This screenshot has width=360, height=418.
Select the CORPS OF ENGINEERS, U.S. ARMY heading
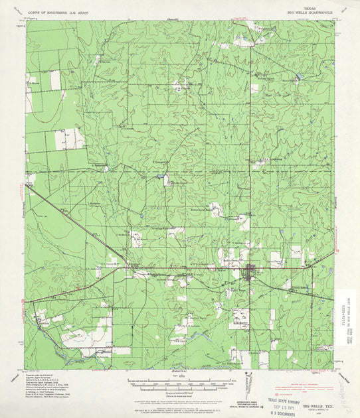pyautogui.click(x=60, y=11)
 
